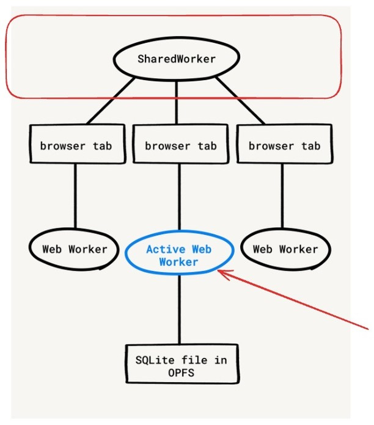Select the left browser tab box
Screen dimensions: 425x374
(x=75, y=145)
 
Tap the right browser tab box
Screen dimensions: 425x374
(x=284, y=145)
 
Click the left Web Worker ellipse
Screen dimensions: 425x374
(x=75, y=249)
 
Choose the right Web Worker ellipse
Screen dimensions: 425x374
(x=285, y=249)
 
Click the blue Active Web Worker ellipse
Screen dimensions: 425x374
(x=179, y=255)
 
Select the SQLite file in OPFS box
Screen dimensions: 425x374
(x=180, y=365)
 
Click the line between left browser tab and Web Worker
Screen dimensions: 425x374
(x=75, y=195)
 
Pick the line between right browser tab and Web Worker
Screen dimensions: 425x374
(x=282, y=195)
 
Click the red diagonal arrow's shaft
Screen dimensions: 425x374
(x=293, y=302)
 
